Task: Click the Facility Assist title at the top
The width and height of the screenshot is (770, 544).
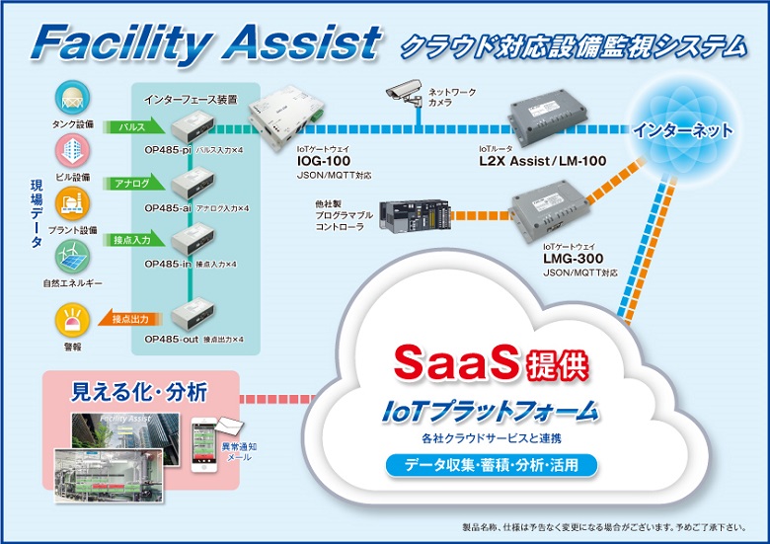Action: click(x=204, y=42)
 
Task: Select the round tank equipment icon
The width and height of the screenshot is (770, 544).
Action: click(x=71, y=99)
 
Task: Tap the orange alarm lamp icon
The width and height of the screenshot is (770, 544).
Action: click(x=71, y=320)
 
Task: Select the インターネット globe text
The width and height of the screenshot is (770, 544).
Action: click(x=683, y=129)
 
